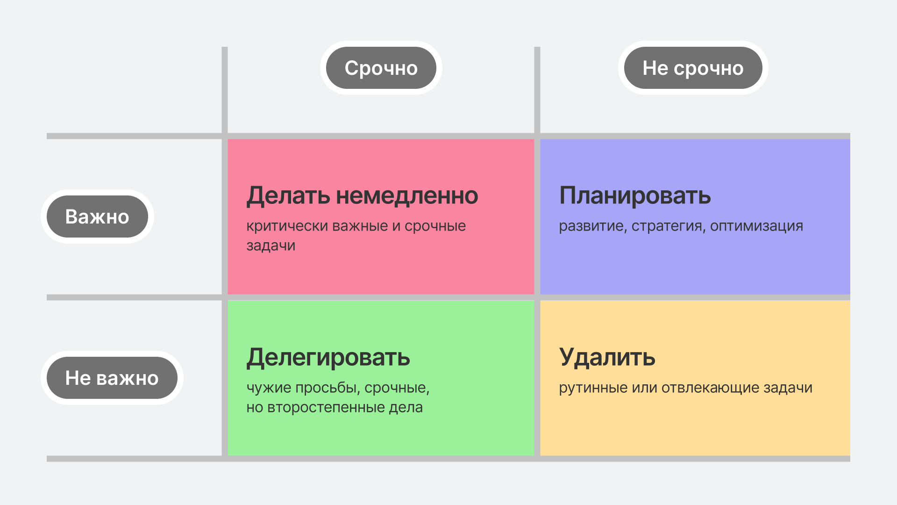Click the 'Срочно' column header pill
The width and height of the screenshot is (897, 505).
click(x=381, y=68)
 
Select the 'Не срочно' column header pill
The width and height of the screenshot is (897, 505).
click(x=693, y=68)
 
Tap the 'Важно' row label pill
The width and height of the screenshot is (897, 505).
click(x=97, y=216)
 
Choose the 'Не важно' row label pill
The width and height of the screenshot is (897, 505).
click(x=112, y=378)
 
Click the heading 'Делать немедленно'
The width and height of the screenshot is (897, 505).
click(x=362, y=195)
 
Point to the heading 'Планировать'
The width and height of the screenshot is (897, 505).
click(x=635, y=195)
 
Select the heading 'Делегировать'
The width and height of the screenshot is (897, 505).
click(x=328, y=357)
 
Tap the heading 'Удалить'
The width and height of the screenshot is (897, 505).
click(x=607, y=357)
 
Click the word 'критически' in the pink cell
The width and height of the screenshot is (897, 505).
click(x=287, y=226)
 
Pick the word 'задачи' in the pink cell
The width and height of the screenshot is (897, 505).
click(x=271, y=246)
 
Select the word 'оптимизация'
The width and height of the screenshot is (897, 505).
click(x=757, y=226)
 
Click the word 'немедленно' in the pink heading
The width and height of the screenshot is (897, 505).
click(x=407, y=195)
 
